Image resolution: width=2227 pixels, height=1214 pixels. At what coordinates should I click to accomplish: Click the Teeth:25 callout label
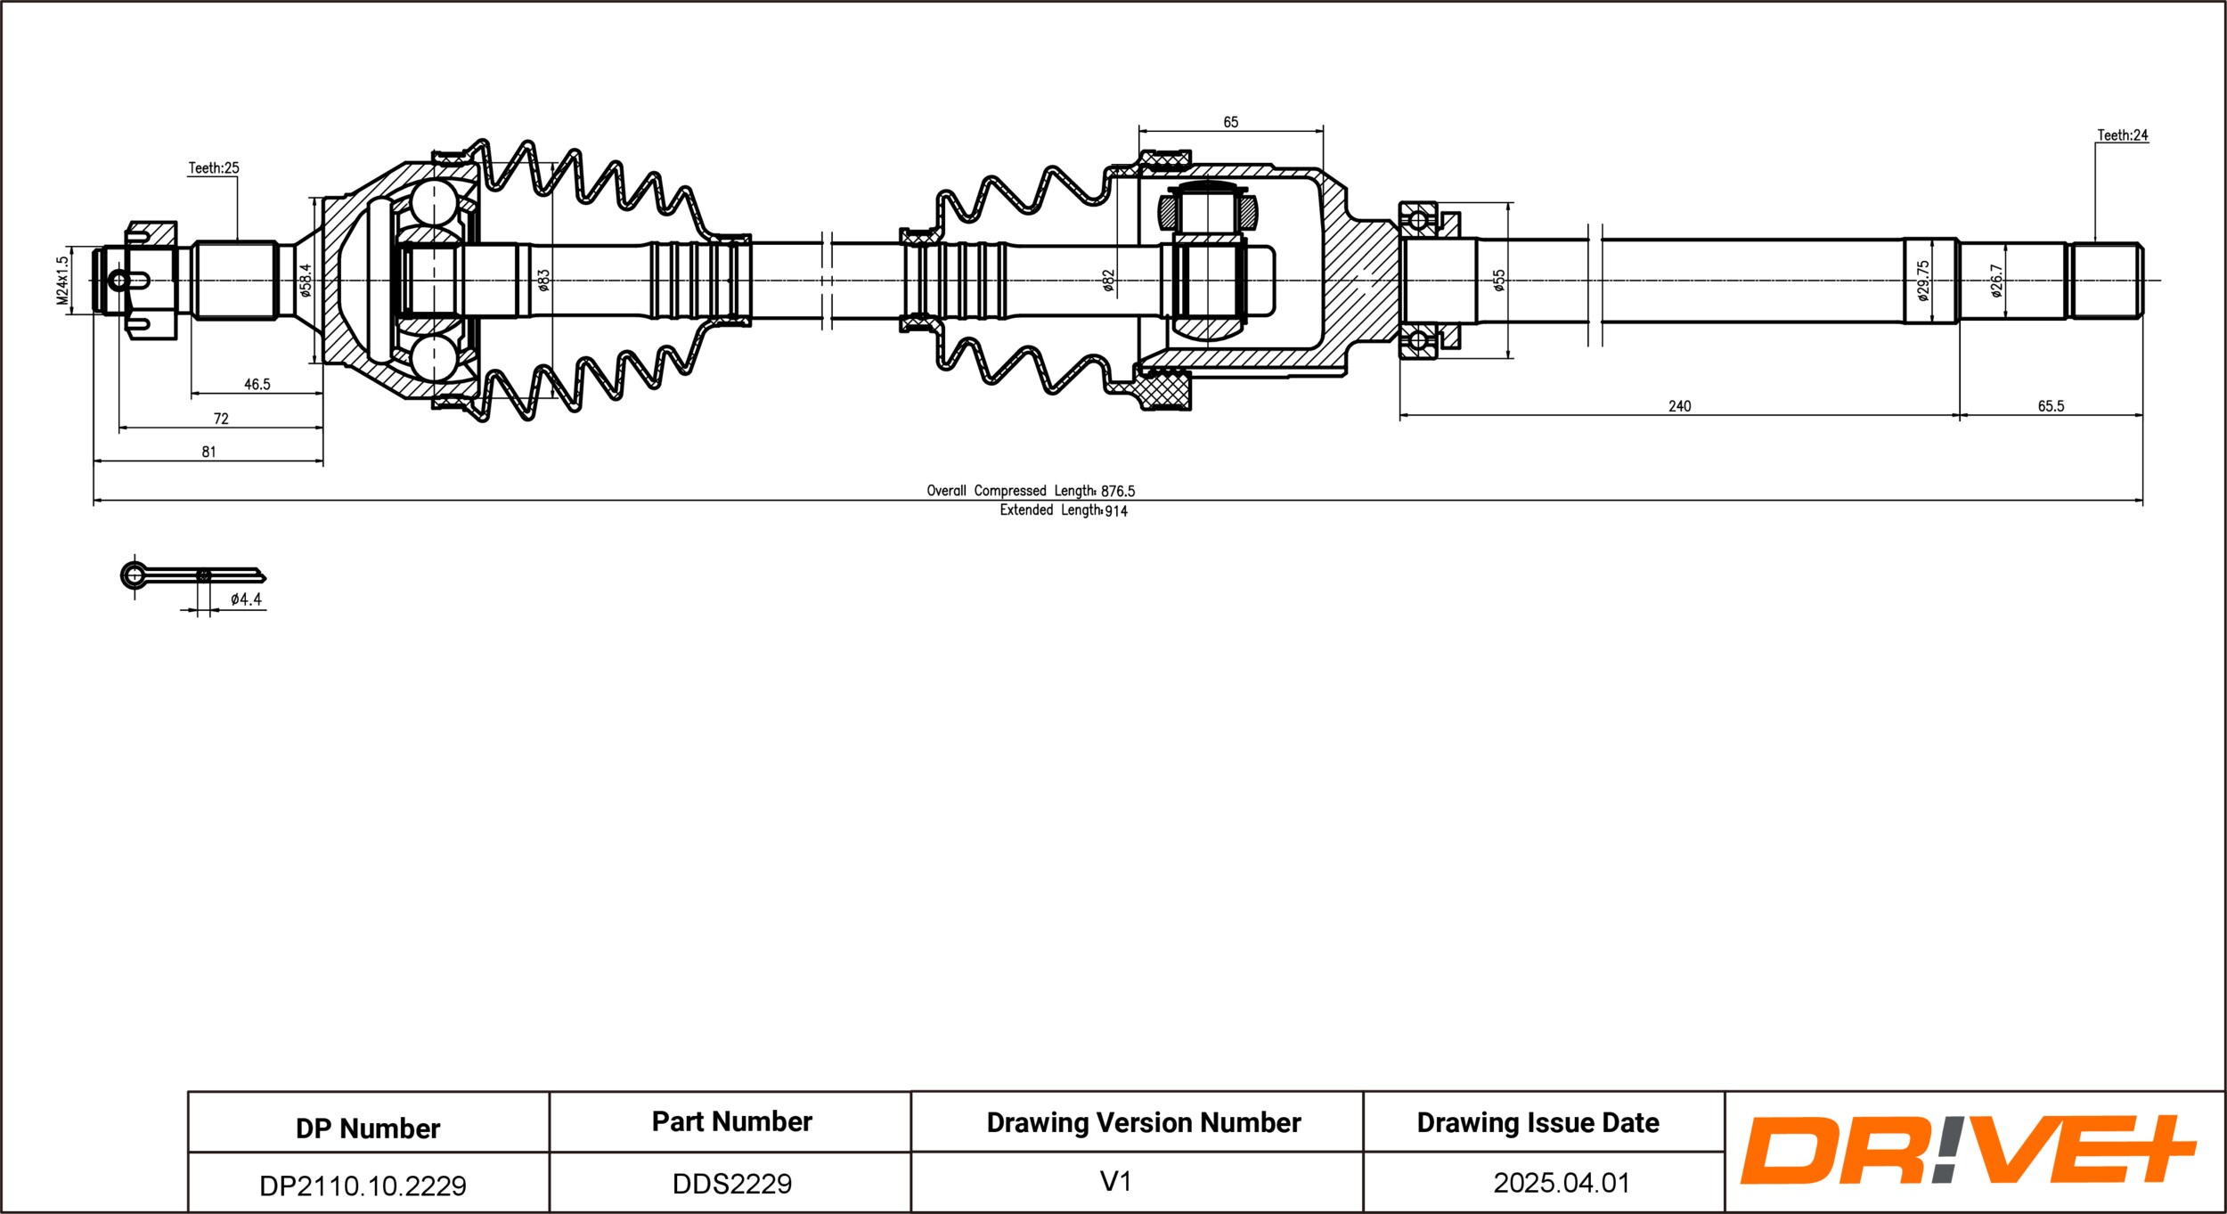(x=214, y=168)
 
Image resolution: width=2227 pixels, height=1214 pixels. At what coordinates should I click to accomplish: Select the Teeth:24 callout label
(x=2122, y=135)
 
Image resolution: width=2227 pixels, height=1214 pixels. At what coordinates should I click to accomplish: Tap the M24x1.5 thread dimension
(x=62, y=281)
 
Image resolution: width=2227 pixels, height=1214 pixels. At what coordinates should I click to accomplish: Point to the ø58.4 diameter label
(x=306, y=280)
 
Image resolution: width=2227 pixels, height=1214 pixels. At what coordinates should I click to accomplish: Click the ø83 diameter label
(x=544, y=281)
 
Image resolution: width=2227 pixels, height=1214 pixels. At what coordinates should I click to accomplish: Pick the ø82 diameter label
(x=1108, y=281)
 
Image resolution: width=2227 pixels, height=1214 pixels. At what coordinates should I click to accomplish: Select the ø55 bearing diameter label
(x=1499, y=281)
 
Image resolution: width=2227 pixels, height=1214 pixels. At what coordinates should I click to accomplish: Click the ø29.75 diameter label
(x=1924, y=281)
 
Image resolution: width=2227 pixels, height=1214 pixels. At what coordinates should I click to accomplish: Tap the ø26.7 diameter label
(x=1996, y=281)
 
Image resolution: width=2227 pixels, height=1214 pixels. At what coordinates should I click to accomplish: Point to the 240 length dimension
(x=1679, y=406)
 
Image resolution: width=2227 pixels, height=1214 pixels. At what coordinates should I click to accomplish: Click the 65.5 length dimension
(x=2051, y=406)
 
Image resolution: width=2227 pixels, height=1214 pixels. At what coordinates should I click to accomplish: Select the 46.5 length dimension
(x=257, y=385)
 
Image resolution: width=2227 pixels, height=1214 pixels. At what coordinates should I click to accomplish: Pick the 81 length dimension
(x=208, y=452)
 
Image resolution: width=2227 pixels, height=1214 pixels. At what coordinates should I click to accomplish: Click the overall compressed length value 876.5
(x=1118, y=492)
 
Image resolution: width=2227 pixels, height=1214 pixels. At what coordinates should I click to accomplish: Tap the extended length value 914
(x=1116, y=511)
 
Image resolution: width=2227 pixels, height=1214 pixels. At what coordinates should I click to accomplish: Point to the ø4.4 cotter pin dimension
(x=246, y=600)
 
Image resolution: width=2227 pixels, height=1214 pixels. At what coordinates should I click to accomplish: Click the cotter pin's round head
(x=134, y=574)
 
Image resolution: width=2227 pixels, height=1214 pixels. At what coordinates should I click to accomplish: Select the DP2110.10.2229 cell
(x=363, y=1185)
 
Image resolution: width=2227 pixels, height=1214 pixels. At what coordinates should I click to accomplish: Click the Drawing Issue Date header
(x=1538, y=1123)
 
